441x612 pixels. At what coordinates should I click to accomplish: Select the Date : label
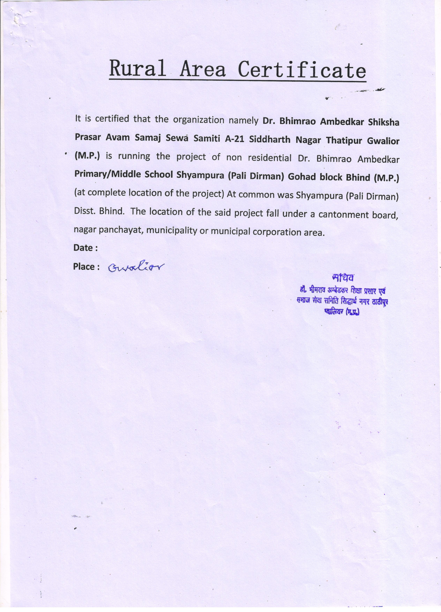tap(85, 248)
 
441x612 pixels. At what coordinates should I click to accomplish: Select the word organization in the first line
tap(199, 120)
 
